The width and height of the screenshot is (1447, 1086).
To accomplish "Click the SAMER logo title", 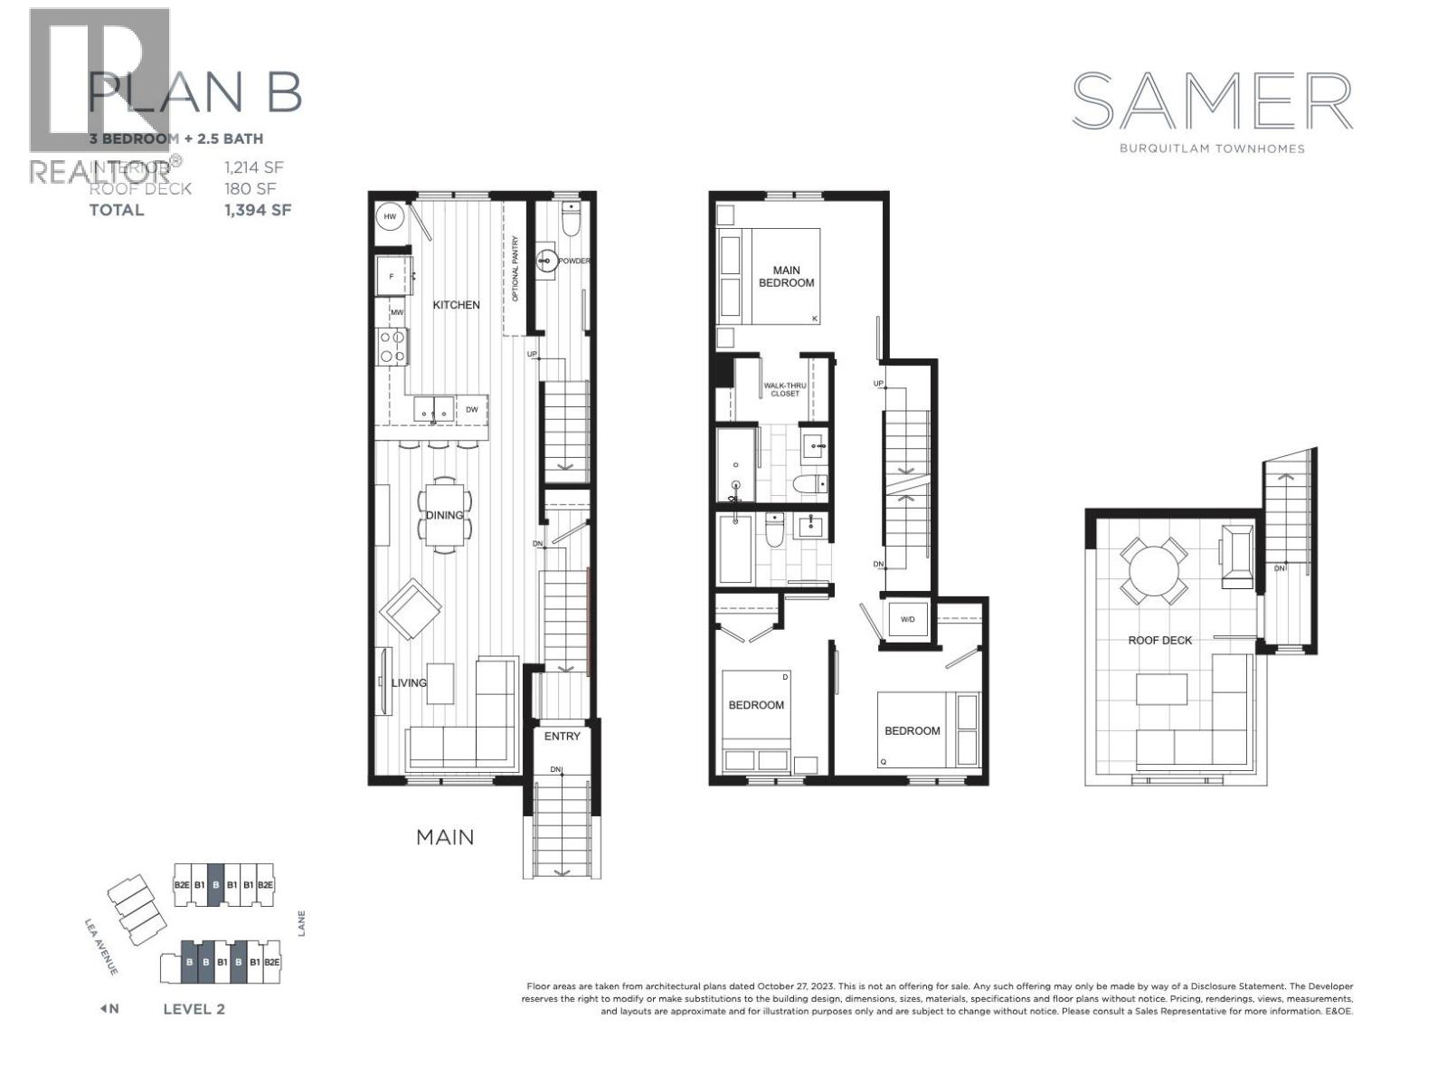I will [x=1212, y=101].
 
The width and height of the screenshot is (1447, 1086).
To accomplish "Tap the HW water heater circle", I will [x=390, y=217].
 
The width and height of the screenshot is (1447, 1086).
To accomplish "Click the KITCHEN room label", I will [x=456, y=305].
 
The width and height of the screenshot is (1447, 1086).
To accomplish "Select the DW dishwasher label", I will [x=472, y=410].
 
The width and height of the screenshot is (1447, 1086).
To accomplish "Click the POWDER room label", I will [x=573, y=262].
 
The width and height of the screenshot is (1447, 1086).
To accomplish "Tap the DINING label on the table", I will [x=444, y=515].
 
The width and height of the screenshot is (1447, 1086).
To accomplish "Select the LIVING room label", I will [x=409, y=682].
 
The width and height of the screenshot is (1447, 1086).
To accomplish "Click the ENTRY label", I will [x=562, y=737].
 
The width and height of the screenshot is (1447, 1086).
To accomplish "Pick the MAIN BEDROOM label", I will [x=786, y=276].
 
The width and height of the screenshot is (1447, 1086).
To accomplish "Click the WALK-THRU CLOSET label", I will [x=784, y=389].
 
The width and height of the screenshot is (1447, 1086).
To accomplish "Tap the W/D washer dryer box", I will [x=907, y=620].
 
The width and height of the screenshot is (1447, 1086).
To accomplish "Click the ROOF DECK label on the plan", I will [x=1159, y=641].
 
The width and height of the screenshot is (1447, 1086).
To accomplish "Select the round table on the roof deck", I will [x=1153, y=571].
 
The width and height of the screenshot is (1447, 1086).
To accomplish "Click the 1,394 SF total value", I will [x=258, y=210].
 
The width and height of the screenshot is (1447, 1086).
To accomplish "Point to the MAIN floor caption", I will [x=445, y=837].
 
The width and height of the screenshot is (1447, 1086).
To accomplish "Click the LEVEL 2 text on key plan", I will [x=194, y=1009].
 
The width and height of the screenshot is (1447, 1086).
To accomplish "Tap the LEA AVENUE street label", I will [x=100, y=947].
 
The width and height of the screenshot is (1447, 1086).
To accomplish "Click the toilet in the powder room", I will [x=570, y=219].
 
